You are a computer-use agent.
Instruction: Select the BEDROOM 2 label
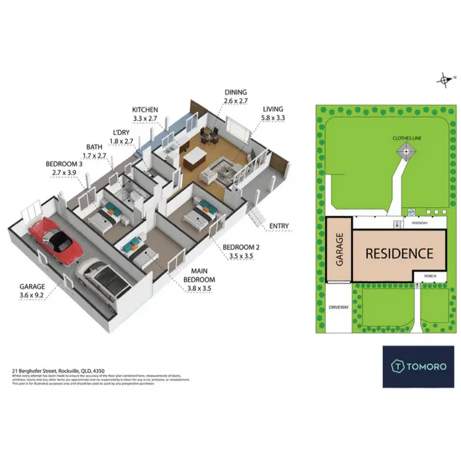(237, 252)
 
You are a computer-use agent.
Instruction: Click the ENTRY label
(279, 226)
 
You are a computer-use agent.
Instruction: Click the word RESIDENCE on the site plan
(400, 253)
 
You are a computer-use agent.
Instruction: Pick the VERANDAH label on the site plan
(403, 224)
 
